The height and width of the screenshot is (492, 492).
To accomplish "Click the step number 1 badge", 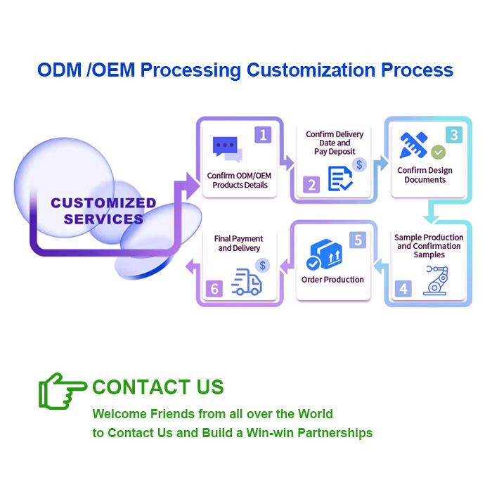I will pyautogui.click(x=264, y=134).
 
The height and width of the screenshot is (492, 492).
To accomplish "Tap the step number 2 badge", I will pyautogui.click(x=312, y=185).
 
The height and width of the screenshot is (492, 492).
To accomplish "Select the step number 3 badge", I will pyautogui.click(x=453, y=134).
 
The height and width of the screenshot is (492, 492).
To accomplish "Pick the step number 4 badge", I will pyautogui.click(x=403, y=288).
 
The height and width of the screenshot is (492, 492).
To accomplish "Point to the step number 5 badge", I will pyautogui.click(x=358, y=240).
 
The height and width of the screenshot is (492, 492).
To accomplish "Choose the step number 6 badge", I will pyautogui.click(x=214, y=288).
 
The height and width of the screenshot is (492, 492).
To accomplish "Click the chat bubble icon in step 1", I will pyautogui.click(x=227, y=148).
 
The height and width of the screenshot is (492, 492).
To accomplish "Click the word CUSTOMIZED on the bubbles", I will pyautogui.click(x=103, y=203).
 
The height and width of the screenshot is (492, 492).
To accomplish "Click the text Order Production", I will pyautogui.click(x=332, y=280).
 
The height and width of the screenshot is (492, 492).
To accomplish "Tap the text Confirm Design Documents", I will pyautogui.click(x=425, y=175).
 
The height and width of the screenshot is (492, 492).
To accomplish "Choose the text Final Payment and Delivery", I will pyautogui.click(x=239, y=243).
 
